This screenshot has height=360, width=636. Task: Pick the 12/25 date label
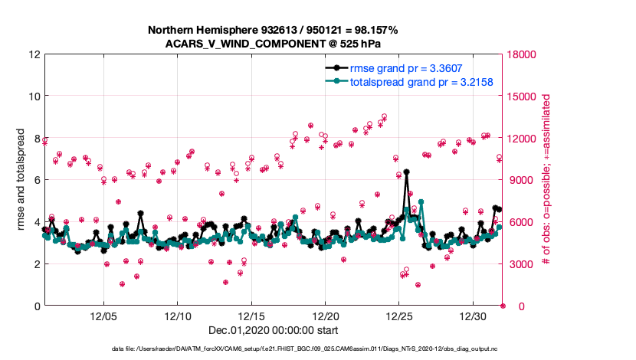click(399, 316)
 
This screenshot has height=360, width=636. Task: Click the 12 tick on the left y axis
click(35, 55)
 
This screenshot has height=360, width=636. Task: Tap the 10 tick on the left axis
click(35, 97)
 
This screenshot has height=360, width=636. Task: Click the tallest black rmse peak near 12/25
click(406, 172)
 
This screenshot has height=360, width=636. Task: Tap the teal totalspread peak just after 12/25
click(421, 201)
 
